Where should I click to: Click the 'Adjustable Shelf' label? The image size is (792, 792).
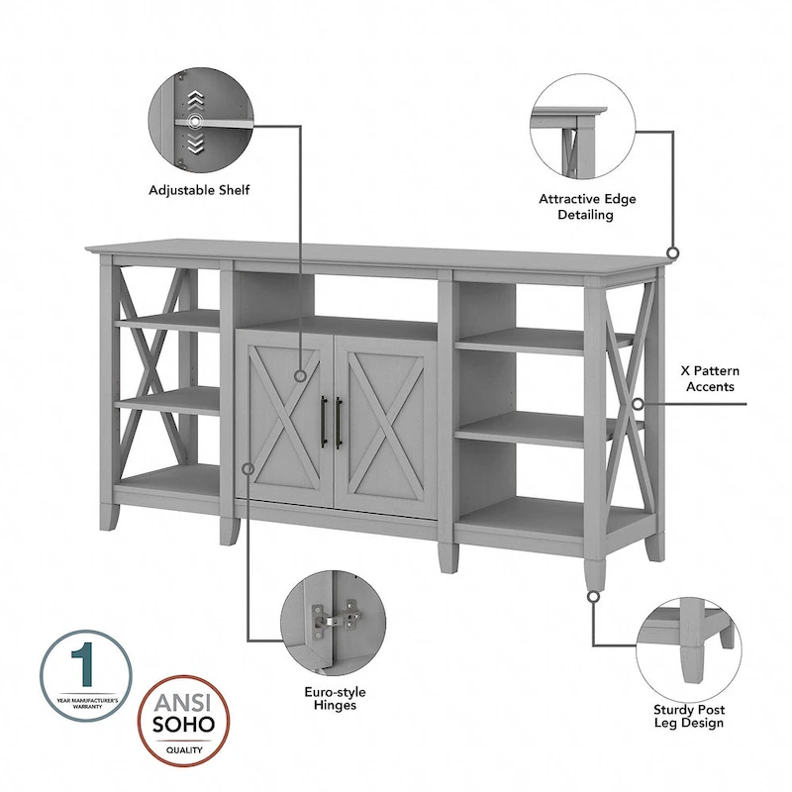[x=199, y=189]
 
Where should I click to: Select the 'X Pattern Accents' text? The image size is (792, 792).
[x=709, y=378]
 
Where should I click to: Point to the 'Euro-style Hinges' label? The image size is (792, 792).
[x=331, y=698]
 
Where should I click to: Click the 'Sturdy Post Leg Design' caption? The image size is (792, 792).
[x=688, y=716]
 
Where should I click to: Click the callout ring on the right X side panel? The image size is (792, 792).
[x=639, y=404]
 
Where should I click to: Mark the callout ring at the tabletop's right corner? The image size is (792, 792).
[x=674, y=253]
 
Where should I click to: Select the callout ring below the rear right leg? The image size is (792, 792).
[x=592, y=597]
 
